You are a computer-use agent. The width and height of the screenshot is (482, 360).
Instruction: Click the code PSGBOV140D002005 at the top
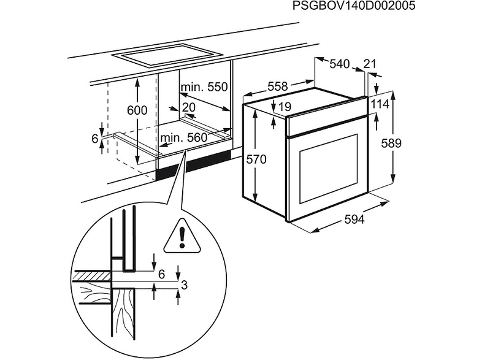(x=353, y=6)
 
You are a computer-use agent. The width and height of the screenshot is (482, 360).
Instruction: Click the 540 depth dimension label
(x=340, y=64)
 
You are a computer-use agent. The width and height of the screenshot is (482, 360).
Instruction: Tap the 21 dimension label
(x=370, y=64)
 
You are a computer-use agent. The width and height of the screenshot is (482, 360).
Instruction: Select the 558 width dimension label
(x=278, y=86)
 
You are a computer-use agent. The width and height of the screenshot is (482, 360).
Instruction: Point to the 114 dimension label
(x=380, y=104)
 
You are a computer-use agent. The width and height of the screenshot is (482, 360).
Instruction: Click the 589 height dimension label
(x=391, y=144)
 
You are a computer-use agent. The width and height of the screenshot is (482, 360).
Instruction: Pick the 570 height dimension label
(x=256, y=159)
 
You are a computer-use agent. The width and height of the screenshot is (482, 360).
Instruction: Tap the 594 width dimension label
(x=354, y=220)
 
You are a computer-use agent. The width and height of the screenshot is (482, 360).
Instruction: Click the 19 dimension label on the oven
(x=285, y=107)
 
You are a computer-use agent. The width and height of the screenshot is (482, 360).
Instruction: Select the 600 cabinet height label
(x=137, y=110)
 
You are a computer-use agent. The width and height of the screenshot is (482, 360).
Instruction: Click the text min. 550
(x=204, y=87)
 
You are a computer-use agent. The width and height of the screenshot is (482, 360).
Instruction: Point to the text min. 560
(x=184, y=138)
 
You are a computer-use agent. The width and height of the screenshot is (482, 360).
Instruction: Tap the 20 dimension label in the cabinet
(x=188, y=107)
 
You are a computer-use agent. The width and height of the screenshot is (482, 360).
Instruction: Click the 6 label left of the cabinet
(x=95, y=139)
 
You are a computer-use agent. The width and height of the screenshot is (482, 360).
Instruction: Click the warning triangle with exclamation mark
(x=182, y=236)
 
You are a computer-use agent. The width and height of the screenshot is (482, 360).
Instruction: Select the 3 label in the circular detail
(x=184, y=285)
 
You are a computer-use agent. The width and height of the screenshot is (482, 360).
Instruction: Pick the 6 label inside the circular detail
(x=162, y=274)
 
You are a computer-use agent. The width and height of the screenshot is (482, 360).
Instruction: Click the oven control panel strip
(x=326, y=117)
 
